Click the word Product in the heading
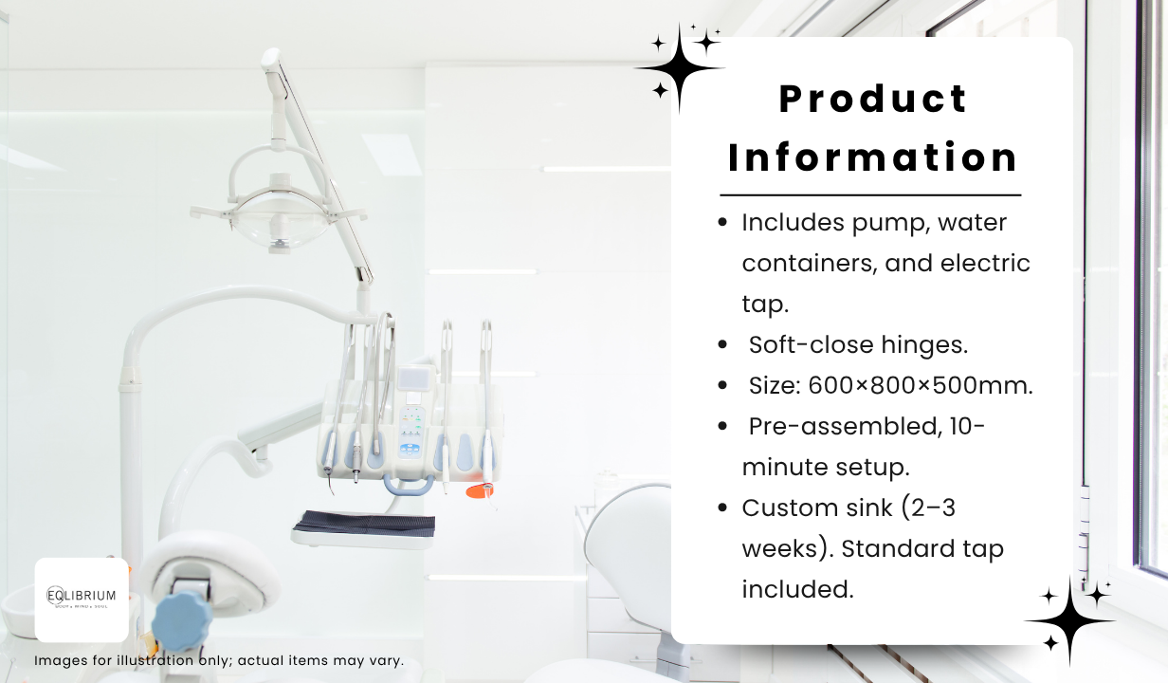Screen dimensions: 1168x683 click(x=873, y=99)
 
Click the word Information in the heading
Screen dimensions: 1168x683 click(x=873, y=157)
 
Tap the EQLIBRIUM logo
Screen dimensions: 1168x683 click(x=82, y=600)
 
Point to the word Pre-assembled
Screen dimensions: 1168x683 click(x=846, y=426)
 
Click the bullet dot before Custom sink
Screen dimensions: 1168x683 click(x=722, y=508)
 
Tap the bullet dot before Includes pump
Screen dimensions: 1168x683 click(x=722, y=222)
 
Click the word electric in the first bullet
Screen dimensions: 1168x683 click(x=985, y=263)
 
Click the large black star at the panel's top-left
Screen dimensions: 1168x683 click(x=679, y=68)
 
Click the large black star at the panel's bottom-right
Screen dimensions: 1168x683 click(x=1070, y=621)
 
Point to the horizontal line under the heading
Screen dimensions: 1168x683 click(x=870, y=195)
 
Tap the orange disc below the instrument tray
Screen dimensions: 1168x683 click(x=479, y=490)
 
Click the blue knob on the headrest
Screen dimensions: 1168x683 click(x=182, y=621)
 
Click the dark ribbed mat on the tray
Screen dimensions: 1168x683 click(x=364, y=522)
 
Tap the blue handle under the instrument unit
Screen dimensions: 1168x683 click(x=409, y=486)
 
